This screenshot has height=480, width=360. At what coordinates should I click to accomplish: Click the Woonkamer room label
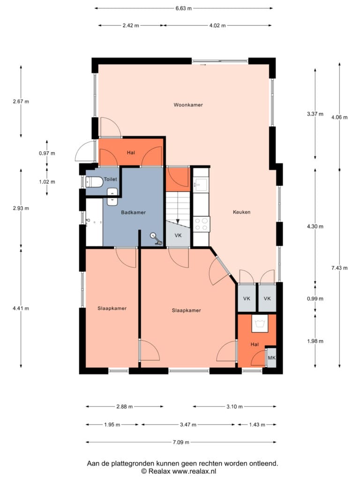pyautogui.click(x=188, y=105)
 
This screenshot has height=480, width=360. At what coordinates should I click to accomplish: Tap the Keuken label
pyautogui.click(x=241, y=212)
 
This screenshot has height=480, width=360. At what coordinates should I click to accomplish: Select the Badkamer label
pyautogui.click(x=133, y=212)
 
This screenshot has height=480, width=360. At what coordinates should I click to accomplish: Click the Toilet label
pyautogui.click(x=110, y=179)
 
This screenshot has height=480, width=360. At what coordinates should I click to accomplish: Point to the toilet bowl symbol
pyautogui.click(x=94, y=182)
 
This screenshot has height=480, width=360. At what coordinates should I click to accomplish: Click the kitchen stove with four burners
pyautogui.click(x=201, y=224)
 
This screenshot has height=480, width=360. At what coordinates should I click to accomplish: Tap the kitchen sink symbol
pyautogui.click(x=200, y=185)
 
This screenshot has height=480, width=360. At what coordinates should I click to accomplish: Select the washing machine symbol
pyautogui.click(x=260, y=323)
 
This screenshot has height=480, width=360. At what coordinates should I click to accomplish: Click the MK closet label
pyautogui.click(x=271, y=358)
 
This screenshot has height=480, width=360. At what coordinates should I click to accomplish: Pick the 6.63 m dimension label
pyautogui.click(x=184, y=8)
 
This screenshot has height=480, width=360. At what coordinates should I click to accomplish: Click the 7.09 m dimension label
pyautogui.click(x=181, y=442)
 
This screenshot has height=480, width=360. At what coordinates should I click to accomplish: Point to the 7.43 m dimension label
pyautogui.click(x=339, y=268)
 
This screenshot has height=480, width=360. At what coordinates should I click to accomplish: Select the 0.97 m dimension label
pyautogui.click(x=47, y=153)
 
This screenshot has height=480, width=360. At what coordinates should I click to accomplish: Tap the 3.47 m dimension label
pyautogui.click(x=188, y=425)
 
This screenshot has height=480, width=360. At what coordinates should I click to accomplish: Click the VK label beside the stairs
pyautogui.click(x=178, y=235)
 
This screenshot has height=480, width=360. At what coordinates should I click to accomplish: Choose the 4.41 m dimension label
pyautogui.click(x=21, y=308)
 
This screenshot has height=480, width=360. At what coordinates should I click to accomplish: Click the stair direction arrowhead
pyautogui.click(x=178, y=221)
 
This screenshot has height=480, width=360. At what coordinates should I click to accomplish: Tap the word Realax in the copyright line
pyautogui.click(x=158, y=471)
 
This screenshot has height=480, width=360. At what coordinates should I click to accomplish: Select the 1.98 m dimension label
pyautogui.click(x=315, y=341)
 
